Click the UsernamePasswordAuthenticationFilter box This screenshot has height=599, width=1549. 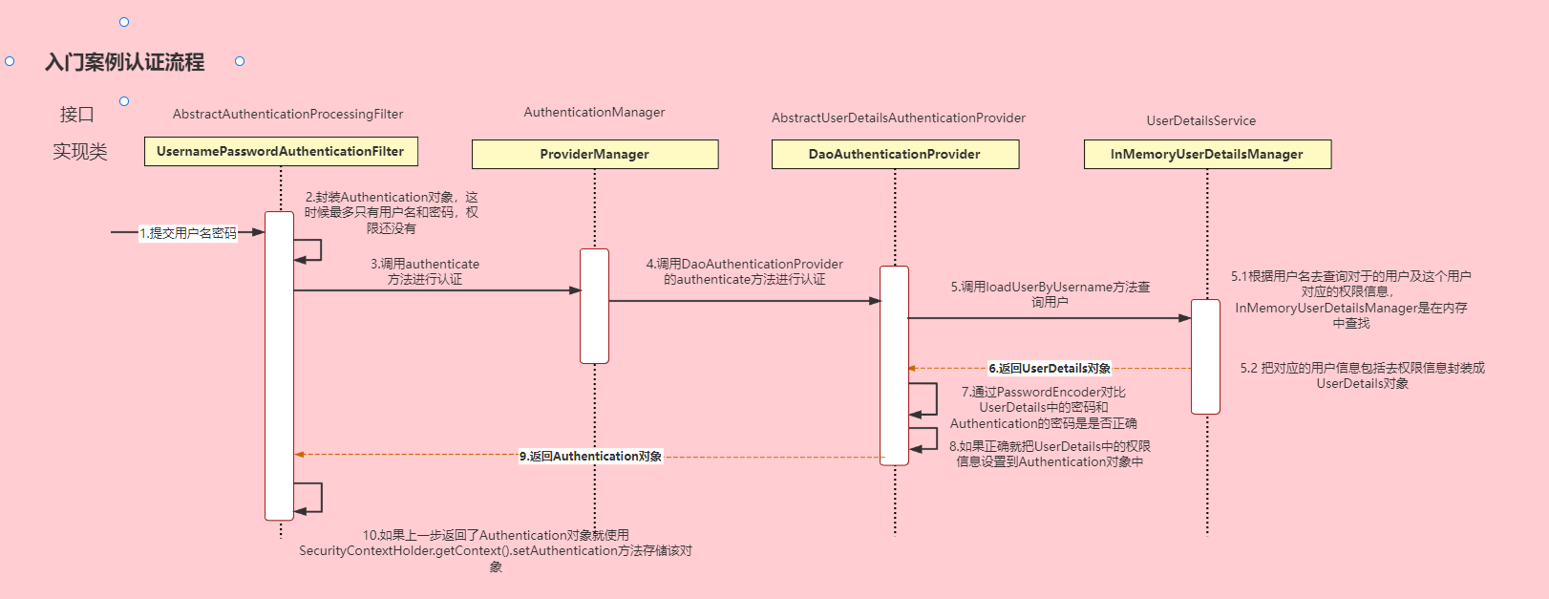(x=281, y=152)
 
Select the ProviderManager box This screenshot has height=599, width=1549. (x=594, y=154)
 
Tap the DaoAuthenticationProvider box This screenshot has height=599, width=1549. (x=895, y=154)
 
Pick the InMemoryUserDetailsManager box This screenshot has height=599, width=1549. (x=1206, y=154)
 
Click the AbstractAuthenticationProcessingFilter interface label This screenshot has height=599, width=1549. (x=287, y=114)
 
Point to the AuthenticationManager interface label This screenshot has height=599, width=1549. (x=594, y=112)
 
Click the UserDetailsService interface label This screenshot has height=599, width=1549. (x=1200, y=120)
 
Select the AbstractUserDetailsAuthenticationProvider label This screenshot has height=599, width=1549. (x=898, y=118)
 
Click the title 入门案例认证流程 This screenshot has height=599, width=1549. (x=125, y=62)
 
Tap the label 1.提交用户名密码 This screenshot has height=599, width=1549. (x=188, y=232)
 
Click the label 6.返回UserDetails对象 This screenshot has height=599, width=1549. (x=1049, y=368)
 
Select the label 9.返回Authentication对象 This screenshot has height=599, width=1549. (x=590, y=456)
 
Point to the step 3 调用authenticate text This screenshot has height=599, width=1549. (x=425, y=271)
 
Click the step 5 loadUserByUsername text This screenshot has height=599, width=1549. (x=1050, y=293)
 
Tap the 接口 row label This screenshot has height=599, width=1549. (x=77, y=115)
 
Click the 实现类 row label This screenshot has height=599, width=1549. (x=80, y=152)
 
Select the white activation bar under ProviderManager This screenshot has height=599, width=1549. (x=594, y=306)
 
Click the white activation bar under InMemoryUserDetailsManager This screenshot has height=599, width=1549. (x=1205, y=356)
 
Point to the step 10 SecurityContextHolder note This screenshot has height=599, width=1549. (x=495, y=550)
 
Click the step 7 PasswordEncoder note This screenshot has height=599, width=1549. (x=1043, y=407)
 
